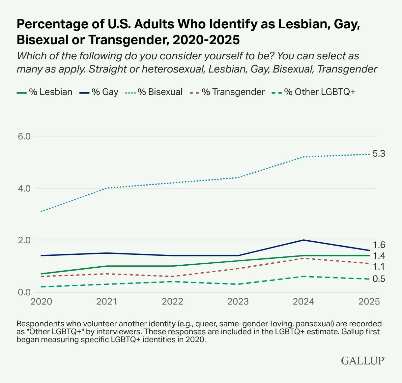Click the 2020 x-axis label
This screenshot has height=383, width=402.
click(41, 302)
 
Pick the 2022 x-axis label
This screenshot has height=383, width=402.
click(173, 302)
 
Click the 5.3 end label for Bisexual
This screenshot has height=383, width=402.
click(379, 154)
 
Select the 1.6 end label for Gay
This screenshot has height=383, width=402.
click(379, 245)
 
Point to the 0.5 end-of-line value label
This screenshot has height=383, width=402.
click(379, 279)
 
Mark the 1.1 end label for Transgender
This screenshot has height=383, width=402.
click(379, 267)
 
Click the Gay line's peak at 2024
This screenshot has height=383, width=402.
click(303, 240)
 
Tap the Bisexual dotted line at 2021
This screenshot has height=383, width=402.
click(107, 188)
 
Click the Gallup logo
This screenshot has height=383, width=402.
click(363, 360)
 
